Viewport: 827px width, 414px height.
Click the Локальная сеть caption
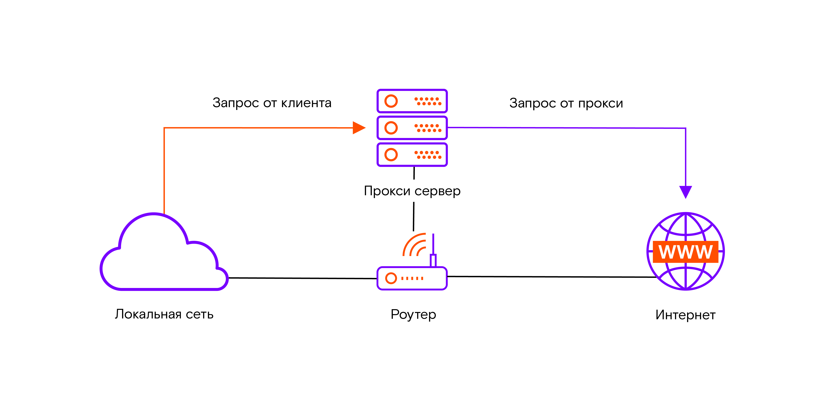[164, 314]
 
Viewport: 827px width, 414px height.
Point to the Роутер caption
[413, 314]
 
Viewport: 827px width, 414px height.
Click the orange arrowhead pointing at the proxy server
[359, 128]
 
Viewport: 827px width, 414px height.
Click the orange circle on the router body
[391, 278]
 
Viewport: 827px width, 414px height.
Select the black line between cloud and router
[302, 278]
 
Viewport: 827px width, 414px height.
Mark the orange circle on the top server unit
[391, 101]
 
